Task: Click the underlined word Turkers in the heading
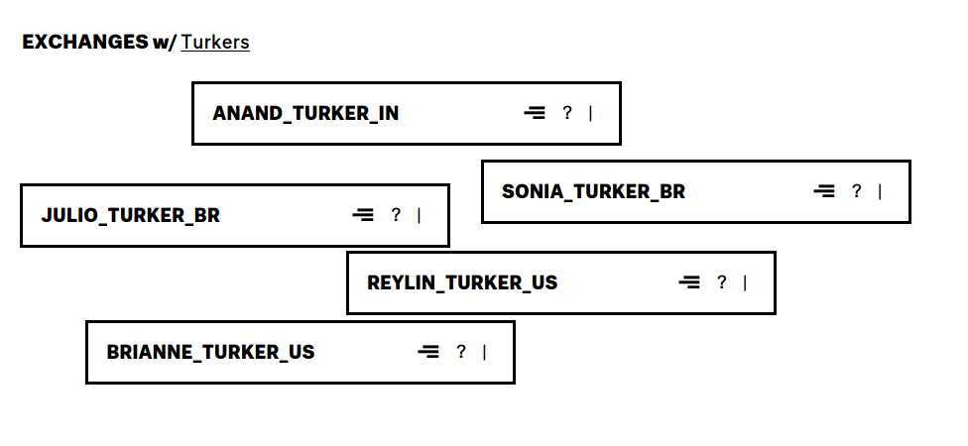point(215,43)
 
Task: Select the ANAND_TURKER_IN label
point(305,113)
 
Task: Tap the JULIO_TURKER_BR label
point(131,215)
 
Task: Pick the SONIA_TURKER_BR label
point(593,191)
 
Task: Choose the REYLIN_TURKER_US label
point(462,282)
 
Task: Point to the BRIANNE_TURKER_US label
point(210,352)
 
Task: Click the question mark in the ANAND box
point(567,113)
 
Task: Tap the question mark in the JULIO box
point(396,215)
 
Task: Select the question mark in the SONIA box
point(857,191)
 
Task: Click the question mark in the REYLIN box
point(722,282)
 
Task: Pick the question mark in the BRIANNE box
point(461,352)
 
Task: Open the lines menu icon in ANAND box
point(535,113)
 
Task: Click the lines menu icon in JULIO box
point(363,215)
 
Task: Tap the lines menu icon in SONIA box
point(824,191)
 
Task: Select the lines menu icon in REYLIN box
point(689,282)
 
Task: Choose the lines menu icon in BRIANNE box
point(428,352)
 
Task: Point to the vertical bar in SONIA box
point(880,191)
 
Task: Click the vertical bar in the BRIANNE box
point(484,352)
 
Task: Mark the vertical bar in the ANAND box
point(590,113)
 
